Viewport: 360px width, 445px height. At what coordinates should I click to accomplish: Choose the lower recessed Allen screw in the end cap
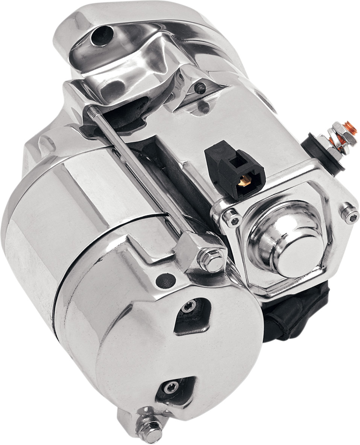click(x=171, y=387)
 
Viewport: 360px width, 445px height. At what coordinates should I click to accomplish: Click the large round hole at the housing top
click(x=102, y=36)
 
